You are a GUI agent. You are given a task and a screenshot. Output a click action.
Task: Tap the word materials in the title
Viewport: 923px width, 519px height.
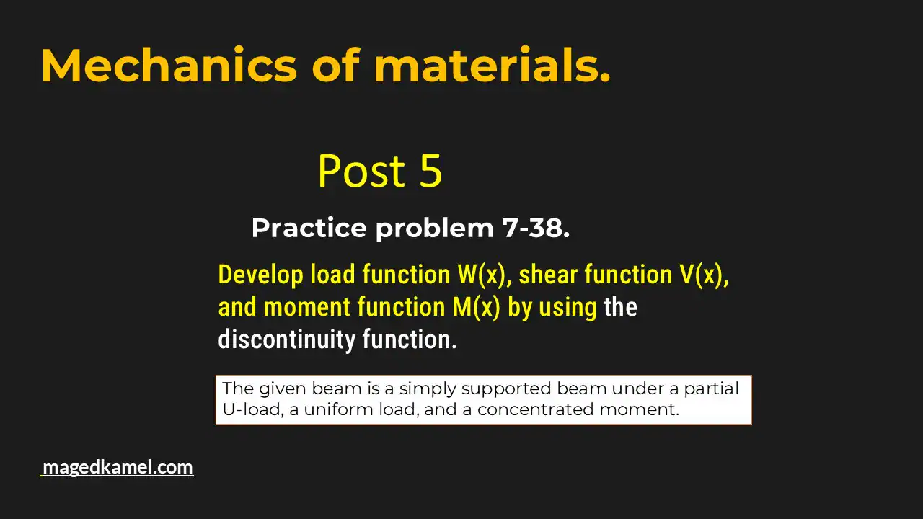click(492, 66)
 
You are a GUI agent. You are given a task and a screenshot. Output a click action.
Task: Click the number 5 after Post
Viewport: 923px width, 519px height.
click(430, 172)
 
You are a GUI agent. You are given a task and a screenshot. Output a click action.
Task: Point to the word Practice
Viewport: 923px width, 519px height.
click(309, 229)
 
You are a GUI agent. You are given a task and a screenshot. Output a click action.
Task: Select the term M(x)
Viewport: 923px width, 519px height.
click(476, 307)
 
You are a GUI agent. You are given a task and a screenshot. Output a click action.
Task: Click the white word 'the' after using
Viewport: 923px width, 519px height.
click(620, 307)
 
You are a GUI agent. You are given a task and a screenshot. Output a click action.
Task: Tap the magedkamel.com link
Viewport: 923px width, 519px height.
click(118, 467)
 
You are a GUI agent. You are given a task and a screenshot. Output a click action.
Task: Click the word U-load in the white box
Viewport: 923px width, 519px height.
click(247, 410)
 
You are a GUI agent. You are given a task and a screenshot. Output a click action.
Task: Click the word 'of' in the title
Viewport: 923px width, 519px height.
click(335, 66)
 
